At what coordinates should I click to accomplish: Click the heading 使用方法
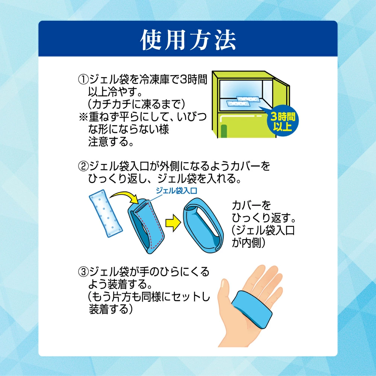tap(188, 40)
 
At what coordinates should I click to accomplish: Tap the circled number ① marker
tap(83, 79)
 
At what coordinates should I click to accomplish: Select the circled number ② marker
tap(83, 166)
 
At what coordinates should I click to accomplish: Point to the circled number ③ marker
tap(83, 272)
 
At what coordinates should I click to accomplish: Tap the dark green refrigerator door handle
tap(224, 131)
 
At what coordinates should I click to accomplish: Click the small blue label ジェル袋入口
tap(176, 191)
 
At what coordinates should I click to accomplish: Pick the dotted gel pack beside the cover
tap(106, 213)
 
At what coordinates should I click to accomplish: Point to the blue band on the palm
tap(252, 309)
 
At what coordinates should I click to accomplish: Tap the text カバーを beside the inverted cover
tap(251, 206)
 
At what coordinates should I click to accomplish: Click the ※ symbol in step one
tap(83, 117)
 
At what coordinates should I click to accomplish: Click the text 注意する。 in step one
tap(111, 142)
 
